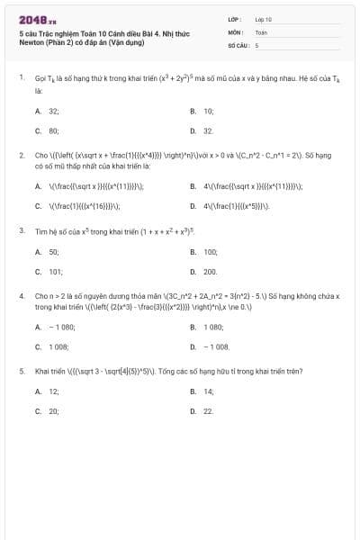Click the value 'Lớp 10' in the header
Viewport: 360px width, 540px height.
pyautogui.click(x=263, y=18)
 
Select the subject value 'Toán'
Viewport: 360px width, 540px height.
pyautogui.click(x=261, y=31)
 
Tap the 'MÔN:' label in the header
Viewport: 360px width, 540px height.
pyautogui.click(x=236, y=31)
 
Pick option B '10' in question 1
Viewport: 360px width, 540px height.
pyautogui.click(x=208, y=111)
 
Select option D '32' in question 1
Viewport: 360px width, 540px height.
pyautogui.click(x=208, y=130)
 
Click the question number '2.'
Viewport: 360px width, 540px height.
pyautogui.click(x=21, y=155)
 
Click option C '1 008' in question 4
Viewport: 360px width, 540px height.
pyautogui.click(x=58, y=346)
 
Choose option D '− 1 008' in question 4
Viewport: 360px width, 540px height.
pyautogui.click(x=216, y=346)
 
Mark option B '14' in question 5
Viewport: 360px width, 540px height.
pyautogui.click(x=208, y=391)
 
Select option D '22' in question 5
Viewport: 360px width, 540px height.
pyautogui.click(x=208, y=410)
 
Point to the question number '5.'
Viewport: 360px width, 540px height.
pyautogui.click(x=21, y=370)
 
